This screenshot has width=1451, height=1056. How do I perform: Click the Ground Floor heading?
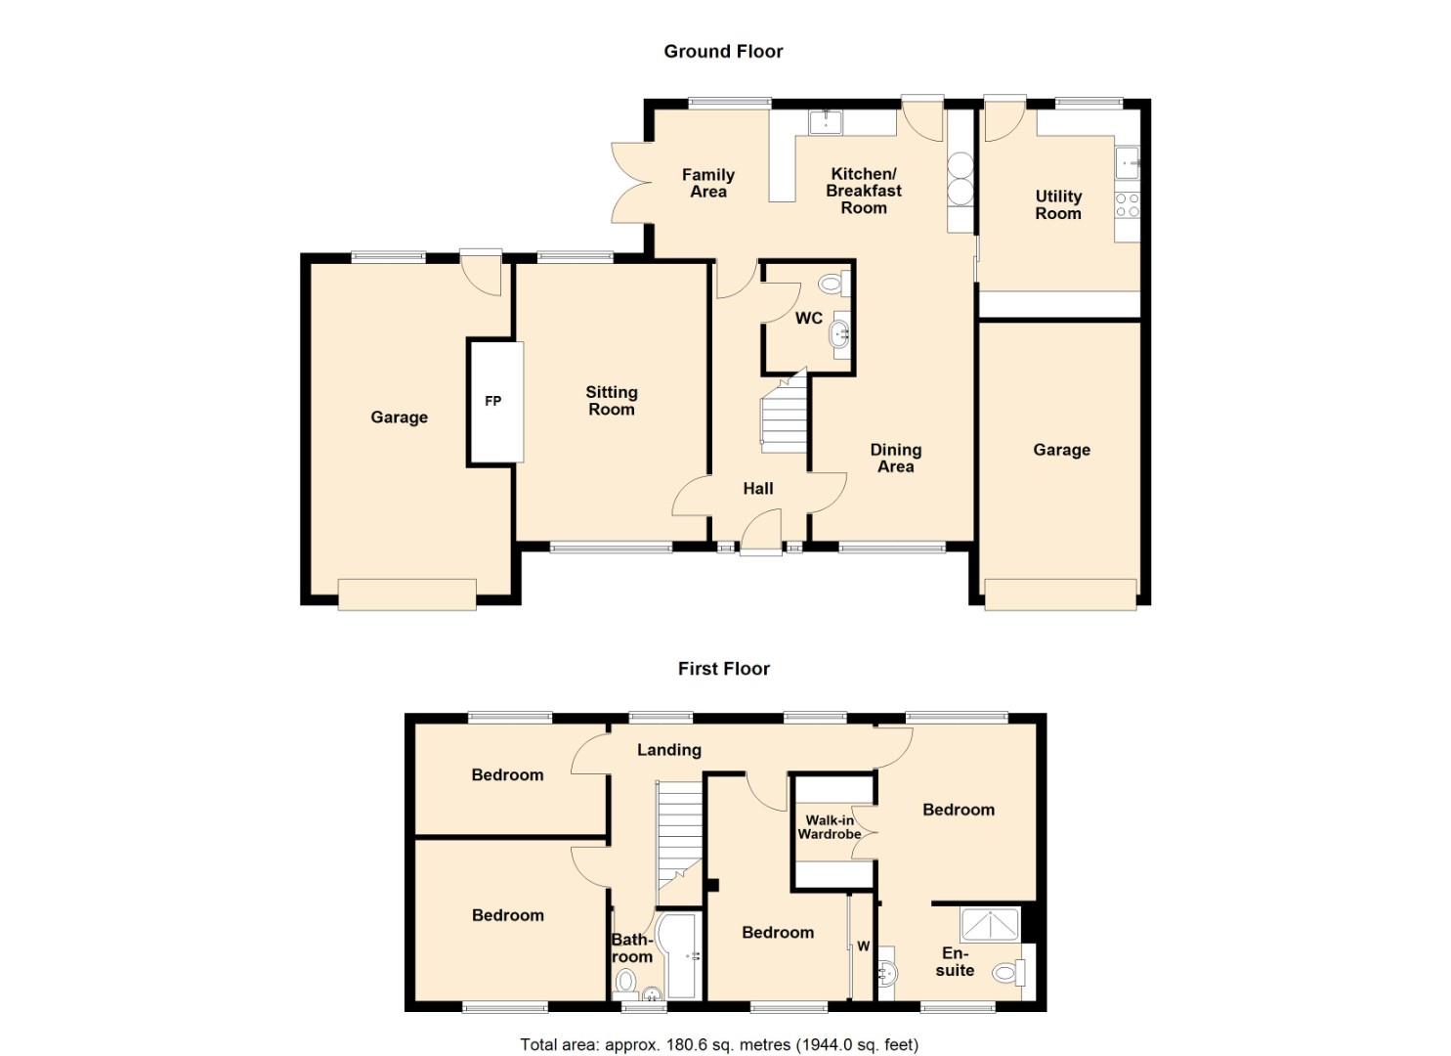coord(723,52)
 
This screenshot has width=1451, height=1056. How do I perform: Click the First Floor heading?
coord(723,669)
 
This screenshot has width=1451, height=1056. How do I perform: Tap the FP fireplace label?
coord(493,401)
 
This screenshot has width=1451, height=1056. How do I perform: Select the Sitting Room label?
coord(612,401)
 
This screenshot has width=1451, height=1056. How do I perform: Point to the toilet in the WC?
coord(832,285)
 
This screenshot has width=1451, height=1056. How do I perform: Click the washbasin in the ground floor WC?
coord(839,335)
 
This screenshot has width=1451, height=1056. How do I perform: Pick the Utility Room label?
coord(1058,205)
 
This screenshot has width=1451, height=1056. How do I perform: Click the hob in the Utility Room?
coord(1127,204)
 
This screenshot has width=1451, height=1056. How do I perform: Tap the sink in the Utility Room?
coord(1127,162)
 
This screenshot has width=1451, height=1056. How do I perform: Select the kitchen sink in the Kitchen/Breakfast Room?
coord(827,122)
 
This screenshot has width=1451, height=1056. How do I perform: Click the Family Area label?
coord(708,184)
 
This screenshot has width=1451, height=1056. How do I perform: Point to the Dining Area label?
coord(896,459)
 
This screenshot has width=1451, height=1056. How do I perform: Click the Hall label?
coord(758,489)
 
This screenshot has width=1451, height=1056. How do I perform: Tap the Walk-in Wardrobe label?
coord(829,827)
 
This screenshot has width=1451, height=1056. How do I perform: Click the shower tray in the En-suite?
coord(991,924)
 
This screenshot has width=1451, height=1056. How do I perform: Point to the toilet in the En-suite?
coord(1005,973)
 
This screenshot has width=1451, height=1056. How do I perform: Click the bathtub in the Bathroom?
coord(676,955)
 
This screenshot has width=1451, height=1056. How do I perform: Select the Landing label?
coord(669,750)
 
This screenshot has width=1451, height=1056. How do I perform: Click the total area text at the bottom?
coord(719,1044)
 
